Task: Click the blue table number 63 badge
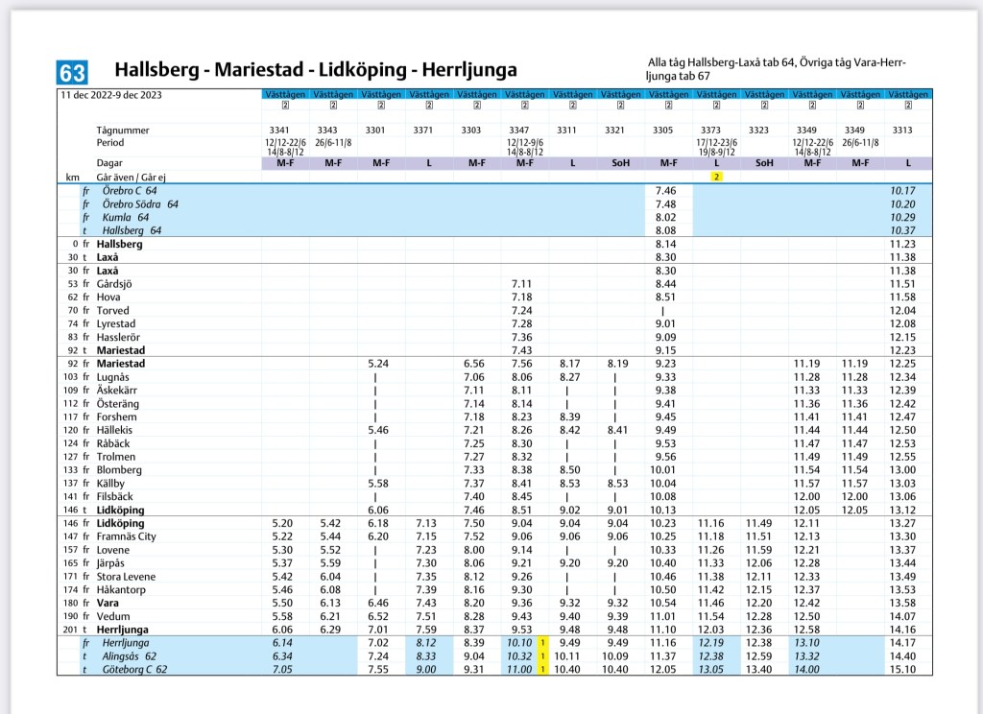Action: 73,72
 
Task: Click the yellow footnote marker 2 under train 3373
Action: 716,177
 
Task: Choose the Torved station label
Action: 112,311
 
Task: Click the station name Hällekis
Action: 115,430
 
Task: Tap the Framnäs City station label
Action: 127,536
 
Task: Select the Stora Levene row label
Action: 123,576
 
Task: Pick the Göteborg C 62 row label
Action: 134,669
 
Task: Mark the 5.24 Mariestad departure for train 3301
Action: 379,364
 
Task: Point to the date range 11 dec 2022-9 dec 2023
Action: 110,95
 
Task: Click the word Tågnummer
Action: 123,130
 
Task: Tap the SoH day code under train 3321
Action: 620,163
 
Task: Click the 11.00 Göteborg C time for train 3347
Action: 519,669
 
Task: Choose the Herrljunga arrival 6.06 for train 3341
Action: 282,629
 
